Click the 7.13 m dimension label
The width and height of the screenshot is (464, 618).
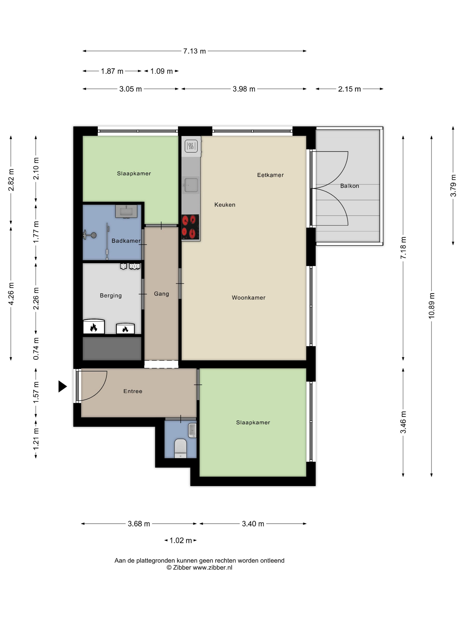[194, 51]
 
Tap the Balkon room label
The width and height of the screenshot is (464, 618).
[349, 186]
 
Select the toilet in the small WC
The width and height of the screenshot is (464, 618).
[180, 448]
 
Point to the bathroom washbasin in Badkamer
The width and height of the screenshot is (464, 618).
[126, 211]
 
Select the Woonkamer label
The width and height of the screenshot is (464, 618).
[248, 298]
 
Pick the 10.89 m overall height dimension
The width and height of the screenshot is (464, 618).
[432, 306]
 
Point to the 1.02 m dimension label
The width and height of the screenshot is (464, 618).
[181, 540]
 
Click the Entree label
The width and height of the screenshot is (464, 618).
[133, 391]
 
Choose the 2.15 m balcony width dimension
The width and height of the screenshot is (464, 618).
[349, 89]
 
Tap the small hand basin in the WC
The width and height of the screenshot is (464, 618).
[192, 430]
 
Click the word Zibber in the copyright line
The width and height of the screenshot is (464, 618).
[182, 567]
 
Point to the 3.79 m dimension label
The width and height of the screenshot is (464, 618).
[453, 186]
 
